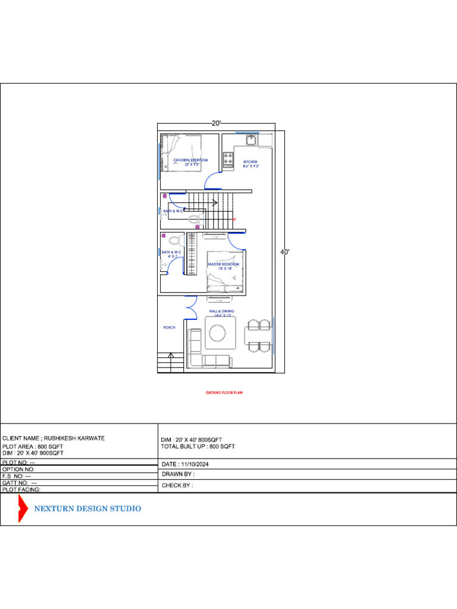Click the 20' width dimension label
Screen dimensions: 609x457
pyautogui.click(x=217, y=123)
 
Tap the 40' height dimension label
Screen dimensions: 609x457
pyautogui.click(x=285, y=252)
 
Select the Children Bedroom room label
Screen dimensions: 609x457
pyautogui.click(x=190, y=161)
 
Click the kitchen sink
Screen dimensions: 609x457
pyautogui.click(x=251, y=140)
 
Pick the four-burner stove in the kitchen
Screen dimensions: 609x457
pyautogui.click(x=228, y=159)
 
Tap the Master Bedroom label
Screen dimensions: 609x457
pyautogui.click(x=223, y=264)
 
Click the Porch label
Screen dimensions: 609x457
pyautogui.click(x=169, y=328)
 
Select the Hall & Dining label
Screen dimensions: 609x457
pyautogui.click(x=221, y=312)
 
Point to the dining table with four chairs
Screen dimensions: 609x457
pyautogui.click(x=258, y=335)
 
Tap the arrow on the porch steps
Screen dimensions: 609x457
pyautogui.click(x=171, y=356)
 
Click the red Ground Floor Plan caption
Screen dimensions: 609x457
pyautogui.click(x=224, y=393)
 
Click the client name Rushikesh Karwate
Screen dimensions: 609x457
pyautogui.click(x=54, y=438)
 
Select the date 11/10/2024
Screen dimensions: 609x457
pyautogui.click(x=185, y=464)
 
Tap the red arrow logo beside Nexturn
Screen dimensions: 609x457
pyautogui.click(x=23, y=508)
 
